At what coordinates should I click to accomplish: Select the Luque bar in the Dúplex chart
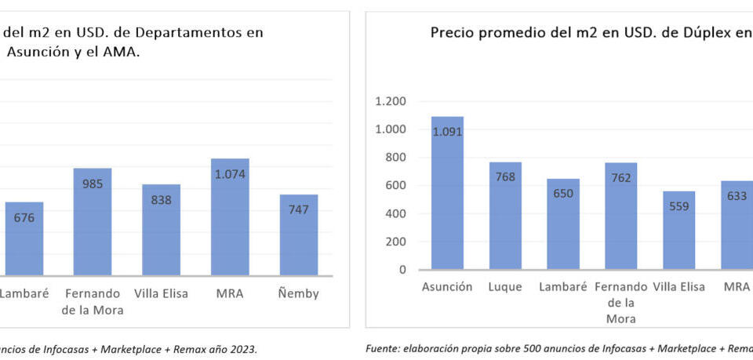(x=505, y=216)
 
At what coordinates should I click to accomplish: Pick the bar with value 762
(x=620, y=216)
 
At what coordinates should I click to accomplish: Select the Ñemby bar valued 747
(x=299, y=235)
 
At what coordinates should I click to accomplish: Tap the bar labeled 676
(x=24, y=238)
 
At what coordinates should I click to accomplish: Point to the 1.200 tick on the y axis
(x=391, y=101)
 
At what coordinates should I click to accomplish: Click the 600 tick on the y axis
(x=396, y=186)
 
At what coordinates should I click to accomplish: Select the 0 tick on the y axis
(x=402, y=270)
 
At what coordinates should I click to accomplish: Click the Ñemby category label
(x=299, y=294)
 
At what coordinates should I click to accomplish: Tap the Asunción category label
(x=447, y=287)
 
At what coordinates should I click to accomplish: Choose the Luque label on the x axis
(x=505, y=287)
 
